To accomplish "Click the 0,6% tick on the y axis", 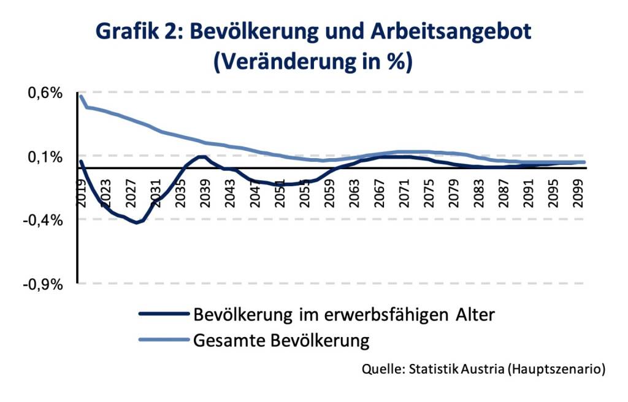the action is (45, 93).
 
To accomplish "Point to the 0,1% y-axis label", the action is (45, 157).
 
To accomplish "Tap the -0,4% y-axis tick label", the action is (43, 220).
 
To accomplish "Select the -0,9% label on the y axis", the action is (43, 285).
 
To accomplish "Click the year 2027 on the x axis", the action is (131, 194).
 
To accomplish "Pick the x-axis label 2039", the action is (205, 194).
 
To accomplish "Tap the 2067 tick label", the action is (379, 194).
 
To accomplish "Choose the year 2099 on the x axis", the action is (578, 194).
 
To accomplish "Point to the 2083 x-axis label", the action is (478, 194).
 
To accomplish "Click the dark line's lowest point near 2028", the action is (137, 222).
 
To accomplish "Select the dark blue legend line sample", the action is (164, 314).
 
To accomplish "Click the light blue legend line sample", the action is (164, 339).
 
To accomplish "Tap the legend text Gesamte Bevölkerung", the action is (281, 340).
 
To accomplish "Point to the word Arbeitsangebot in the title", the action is (451, 32).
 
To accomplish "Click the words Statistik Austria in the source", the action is (456, 368).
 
